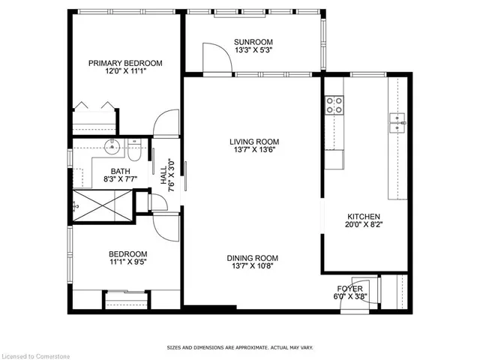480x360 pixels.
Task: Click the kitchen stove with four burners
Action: click(334, 105)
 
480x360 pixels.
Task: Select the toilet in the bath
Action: click(133, 151)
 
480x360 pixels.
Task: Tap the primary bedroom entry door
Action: click(166, 124)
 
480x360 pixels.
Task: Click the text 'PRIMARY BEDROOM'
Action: click(124, 64)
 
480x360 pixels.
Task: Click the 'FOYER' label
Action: click(350, 289)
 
